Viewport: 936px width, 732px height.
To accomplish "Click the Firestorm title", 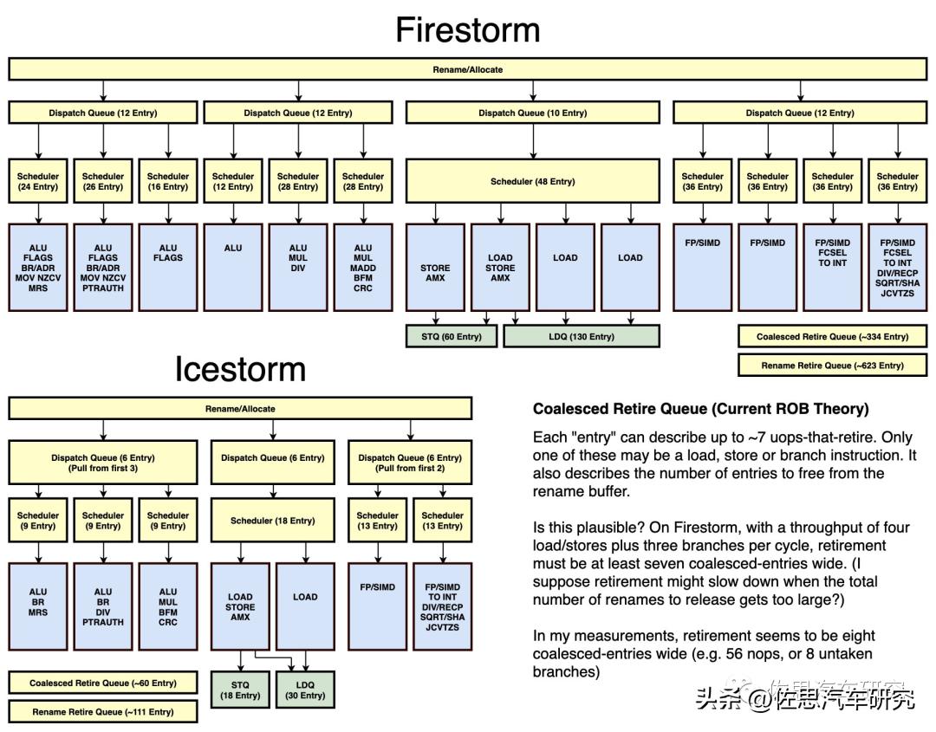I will (x=468, y=30).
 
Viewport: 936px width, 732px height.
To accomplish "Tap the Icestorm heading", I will (x=240, y=369).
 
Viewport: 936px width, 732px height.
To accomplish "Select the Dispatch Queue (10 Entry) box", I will (x=532, y=113).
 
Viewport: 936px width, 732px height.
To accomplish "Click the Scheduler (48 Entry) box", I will (x=532, y=181).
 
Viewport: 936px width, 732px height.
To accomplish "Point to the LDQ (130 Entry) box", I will (x=581, y=336).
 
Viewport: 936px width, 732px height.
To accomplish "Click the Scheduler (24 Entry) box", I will (x=38, y=181).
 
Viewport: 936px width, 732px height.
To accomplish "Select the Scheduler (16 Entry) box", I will (x=168, y=181).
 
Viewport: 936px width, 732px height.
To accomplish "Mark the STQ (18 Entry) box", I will (x=240, y=690).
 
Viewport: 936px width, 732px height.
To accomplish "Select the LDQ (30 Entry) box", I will (x=305, y=690).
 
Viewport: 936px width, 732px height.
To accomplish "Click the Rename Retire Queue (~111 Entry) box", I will (x=103, y=712).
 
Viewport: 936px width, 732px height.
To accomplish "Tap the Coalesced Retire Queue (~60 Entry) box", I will (x=103, y=683).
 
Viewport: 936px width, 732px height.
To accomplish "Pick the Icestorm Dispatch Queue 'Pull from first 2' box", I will (x=410, y=463).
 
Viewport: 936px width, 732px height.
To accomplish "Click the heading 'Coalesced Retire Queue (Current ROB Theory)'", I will (x=700, y=409).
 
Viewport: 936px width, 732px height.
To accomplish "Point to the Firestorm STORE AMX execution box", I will (x=435, y=268).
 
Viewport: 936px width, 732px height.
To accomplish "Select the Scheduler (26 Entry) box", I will (x=103, y=181).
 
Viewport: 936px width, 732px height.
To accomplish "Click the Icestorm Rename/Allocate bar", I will (x=240, y=409).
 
